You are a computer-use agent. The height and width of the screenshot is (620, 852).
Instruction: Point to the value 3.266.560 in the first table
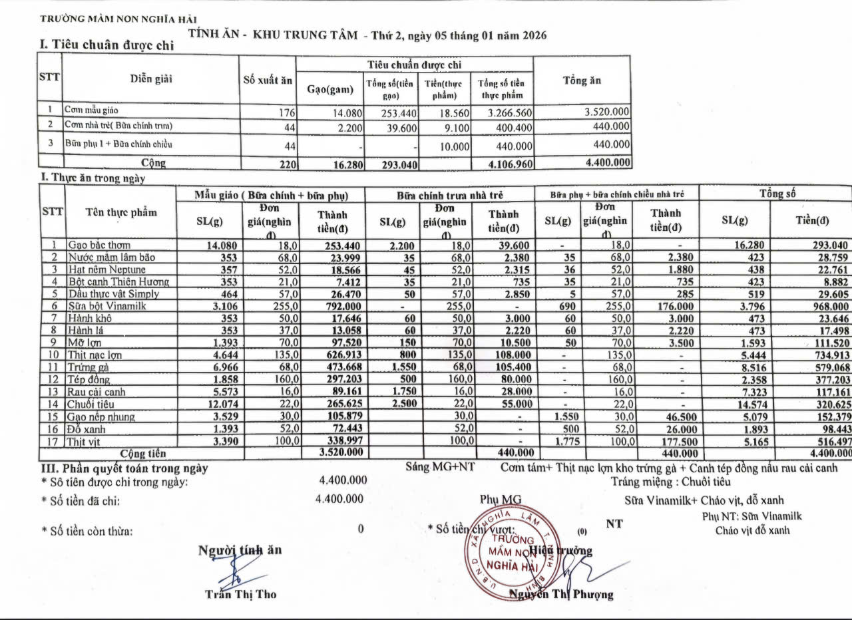504,112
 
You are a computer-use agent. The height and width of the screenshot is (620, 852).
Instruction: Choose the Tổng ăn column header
582,80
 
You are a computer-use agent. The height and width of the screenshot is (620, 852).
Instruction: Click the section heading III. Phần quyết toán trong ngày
125,468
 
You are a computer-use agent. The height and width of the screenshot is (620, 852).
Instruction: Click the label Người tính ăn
240,550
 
